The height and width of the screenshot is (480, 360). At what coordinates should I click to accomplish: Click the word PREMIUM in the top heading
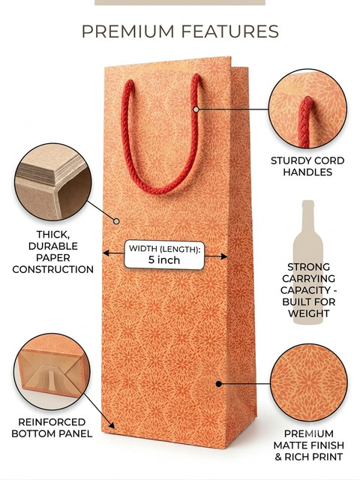(127, 31)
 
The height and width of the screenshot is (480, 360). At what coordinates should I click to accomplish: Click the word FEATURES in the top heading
(230, 31)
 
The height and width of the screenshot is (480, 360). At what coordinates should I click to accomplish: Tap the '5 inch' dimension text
(164, 260)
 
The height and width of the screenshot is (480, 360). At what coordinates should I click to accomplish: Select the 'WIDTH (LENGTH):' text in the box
(164, 248)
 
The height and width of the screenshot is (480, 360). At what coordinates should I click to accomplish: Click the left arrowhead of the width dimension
(106, 253)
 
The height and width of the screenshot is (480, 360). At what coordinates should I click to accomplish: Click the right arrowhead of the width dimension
(224, 256)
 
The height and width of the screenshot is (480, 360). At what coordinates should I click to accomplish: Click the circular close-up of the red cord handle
(307, 108)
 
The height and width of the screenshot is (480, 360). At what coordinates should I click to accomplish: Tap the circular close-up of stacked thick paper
(53, 181)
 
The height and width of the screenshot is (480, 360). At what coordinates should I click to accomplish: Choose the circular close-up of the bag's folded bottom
(52, 372)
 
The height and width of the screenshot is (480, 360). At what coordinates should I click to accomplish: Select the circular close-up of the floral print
(309, 382)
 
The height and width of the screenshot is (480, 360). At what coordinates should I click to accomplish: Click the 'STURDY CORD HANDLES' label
(307, 166)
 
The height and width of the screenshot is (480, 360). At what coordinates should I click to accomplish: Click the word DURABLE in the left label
(53, 246)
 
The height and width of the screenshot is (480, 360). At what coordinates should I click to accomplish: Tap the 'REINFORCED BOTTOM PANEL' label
(52, 427)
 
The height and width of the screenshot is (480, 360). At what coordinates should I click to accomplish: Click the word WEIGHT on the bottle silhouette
(308, 313)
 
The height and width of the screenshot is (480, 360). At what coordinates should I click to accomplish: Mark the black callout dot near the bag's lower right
(218, 383)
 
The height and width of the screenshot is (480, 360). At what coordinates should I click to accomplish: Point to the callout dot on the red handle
(196, 109)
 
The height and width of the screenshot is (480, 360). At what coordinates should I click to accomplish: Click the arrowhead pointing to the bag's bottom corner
(112, 425)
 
